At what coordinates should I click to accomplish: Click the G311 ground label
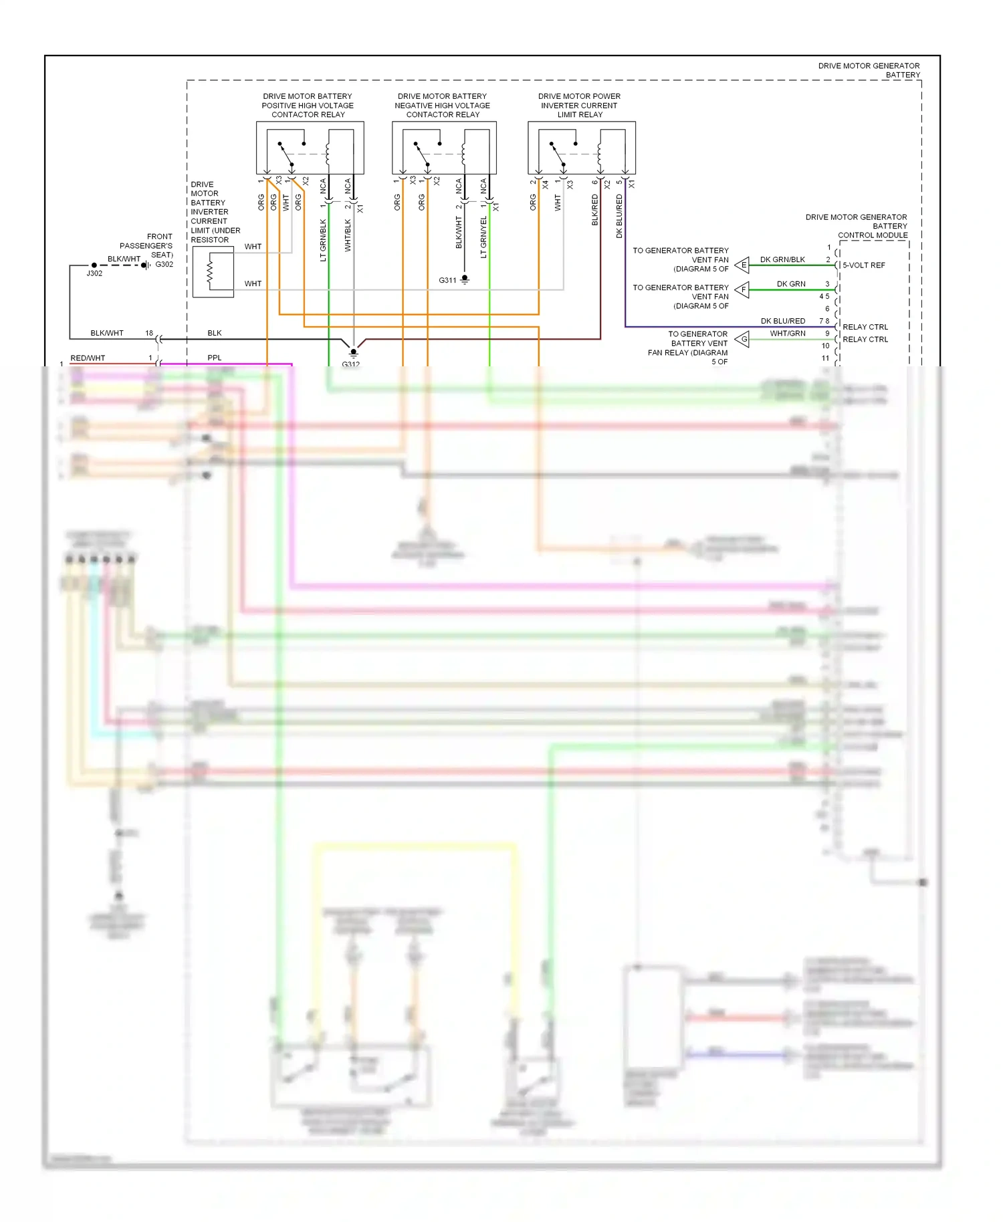[x=447, y=280]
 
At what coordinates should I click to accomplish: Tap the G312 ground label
[x=350, y=364]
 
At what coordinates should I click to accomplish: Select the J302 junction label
[x=94, y=273]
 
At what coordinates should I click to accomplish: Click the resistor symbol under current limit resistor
[x=211, y=271]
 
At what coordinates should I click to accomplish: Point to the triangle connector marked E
[x=742, y=265]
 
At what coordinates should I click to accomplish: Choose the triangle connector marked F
[x=742, y=290]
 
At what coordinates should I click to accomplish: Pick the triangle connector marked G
[x=742, y=340]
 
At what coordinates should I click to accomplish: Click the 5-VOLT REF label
[x=863, y=265]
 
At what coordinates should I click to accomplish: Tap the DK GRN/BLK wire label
[x=782, y=259]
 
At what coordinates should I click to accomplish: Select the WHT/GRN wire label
[x=787, y=333]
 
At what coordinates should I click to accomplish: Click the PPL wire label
[x=214, y=358]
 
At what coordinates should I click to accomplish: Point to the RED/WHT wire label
[x=88, y=358]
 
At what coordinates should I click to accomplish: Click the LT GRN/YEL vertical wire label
[x=483, y=237]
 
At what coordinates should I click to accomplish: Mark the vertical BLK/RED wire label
[x=594, y=209]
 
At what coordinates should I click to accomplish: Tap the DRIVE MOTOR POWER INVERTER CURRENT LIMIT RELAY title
[x=579, y=106]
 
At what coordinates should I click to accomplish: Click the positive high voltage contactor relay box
[x=310, y=148]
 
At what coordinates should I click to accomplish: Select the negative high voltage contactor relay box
[x=444, y=148]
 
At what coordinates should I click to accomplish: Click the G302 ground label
[x=164, y=264]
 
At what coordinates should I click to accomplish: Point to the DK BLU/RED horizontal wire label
[x=782, y=321]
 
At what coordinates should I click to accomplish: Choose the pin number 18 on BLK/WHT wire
[x=149, y=333]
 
